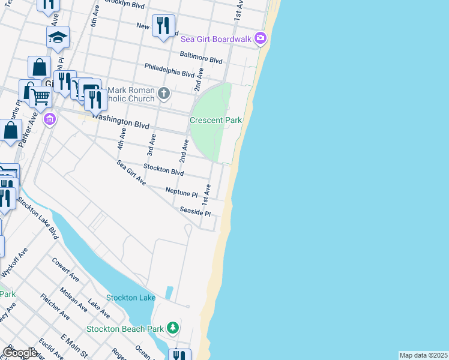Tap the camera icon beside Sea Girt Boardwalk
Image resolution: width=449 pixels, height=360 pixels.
(260, 39)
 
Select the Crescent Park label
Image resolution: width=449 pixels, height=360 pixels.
(215, 120)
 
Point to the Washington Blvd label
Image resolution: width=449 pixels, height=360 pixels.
(122, 122)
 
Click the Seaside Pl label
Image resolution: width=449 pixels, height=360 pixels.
(195, 211)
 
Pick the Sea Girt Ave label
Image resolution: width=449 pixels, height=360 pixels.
(131, 172)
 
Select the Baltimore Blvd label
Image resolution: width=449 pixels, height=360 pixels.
(202, 57)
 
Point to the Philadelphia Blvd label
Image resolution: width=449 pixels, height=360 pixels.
(169, 70)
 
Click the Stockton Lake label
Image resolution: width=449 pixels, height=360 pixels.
(131, 298)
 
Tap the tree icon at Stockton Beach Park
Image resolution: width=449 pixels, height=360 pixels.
(173, 327)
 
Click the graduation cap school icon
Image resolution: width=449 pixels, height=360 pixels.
(58, 37)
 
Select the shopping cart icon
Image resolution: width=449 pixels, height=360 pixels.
(40, 95)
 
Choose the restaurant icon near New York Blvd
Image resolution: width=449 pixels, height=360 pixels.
(163, 25)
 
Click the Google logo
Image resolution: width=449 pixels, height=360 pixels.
(20, 353)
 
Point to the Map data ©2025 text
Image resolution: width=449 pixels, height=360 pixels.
(423, 355)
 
